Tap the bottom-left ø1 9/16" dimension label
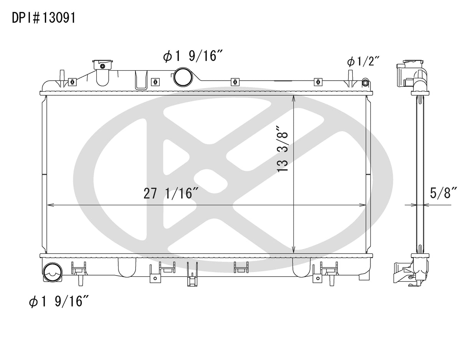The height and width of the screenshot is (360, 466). coord(59,302)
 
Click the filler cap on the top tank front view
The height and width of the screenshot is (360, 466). coord(102,64)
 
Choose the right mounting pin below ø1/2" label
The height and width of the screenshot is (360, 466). coord(350,79)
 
